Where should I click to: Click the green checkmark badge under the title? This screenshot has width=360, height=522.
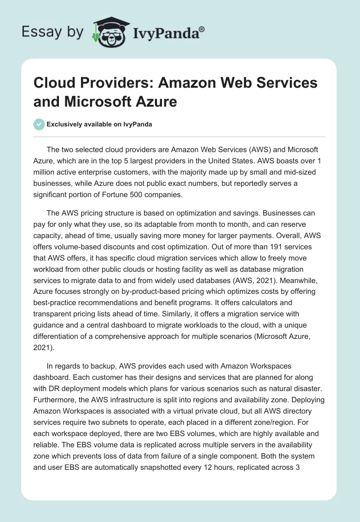[x=39, y=125]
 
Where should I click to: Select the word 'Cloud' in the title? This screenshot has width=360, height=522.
[x=52, y=83]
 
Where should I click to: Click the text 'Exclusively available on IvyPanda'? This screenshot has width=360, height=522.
[x=99, y=125]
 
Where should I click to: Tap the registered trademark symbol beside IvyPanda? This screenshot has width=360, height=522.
[x=202, y=28]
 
